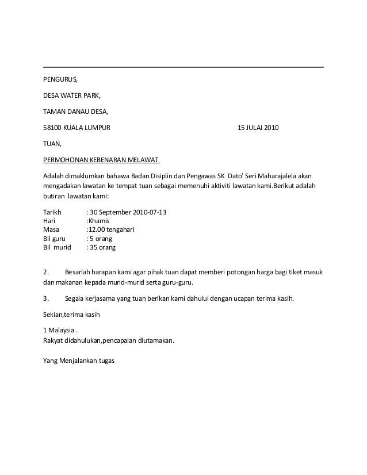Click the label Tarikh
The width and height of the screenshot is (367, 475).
click(x=53, y=212)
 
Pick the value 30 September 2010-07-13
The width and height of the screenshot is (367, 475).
click(x=127, y=212)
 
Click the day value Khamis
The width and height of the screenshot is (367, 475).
click(x=99, y=220)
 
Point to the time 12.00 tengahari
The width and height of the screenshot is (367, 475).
click(x=110, y=229)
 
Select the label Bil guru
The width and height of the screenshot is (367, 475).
click(x=55, y=238)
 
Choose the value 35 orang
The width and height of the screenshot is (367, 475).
click(x=101, y=247)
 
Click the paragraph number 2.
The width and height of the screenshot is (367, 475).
click(x=46, y=271)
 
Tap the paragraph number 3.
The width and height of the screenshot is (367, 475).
click(x=46, y=298)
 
